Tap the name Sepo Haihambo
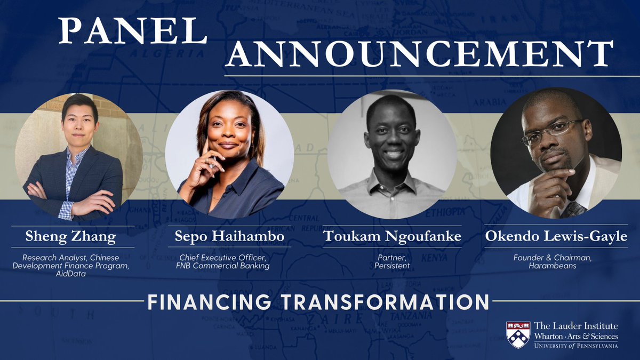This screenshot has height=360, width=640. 230,237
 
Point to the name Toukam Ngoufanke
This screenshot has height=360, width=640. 393,237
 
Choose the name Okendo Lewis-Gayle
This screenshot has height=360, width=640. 556,237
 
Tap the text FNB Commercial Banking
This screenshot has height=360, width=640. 230,266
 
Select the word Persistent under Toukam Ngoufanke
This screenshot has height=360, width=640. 393,266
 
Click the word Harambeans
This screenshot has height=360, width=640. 556,266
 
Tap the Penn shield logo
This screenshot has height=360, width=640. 518,334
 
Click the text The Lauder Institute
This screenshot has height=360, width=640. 576,326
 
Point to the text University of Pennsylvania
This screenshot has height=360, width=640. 576,346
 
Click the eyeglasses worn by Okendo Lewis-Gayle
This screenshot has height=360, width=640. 549,132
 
